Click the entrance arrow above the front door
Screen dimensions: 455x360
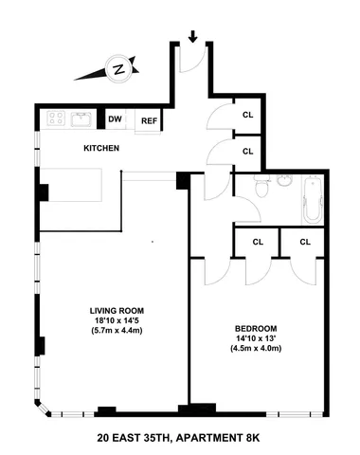click(x=194, y=38)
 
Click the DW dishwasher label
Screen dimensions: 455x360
click(x=116, y=119)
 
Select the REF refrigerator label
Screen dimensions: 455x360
click(x=149, y=120)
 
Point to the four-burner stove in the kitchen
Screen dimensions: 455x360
click(x=56, y=119)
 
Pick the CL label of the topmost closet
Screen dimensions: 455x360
click(x=248, y=116)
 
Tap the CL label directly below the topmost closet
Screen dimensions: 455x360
click(x=248, y=151)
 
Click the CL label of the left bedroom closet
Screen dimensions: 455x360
click(x=257, y=243)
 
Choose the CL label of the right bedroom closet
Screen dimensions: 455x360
click(x=305, y=243)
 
